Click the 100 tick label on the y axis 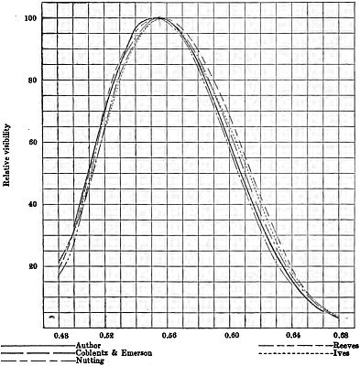(x=32, y=18)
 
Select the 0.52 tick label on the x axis (x=107, y=336)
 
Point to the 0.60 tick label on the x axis (x=232, y=336)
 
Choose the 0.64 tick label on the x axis (x=294, y=336)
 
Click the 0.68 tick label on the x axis (x=340, y=336)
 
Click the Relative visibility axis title (x=7, y=156)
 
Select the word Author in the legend (x=88, y=346)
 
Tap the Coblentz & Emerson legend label (x=114, y=353)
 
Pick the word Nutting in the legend (x=90, y=361)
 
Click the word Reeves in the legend (x=346, y=346)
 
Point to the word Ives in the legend (x=342, y=353)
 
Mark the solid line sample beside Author (x=38, y=347)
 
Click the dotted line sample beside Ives (x=296, y=354)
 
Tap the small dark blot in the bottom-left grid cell (x=52, y=318)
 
